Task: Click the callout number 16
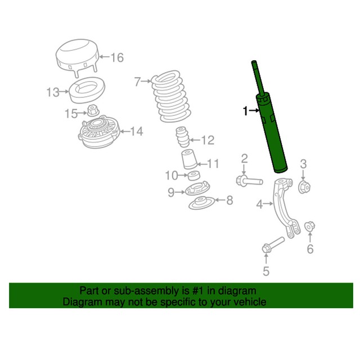point(116,57)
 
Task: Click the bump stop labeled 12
point(181,139)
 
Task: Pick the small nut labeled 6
point(309,227)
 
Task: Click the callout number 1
point(245,112)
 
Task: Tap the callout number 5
point(266,272)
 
